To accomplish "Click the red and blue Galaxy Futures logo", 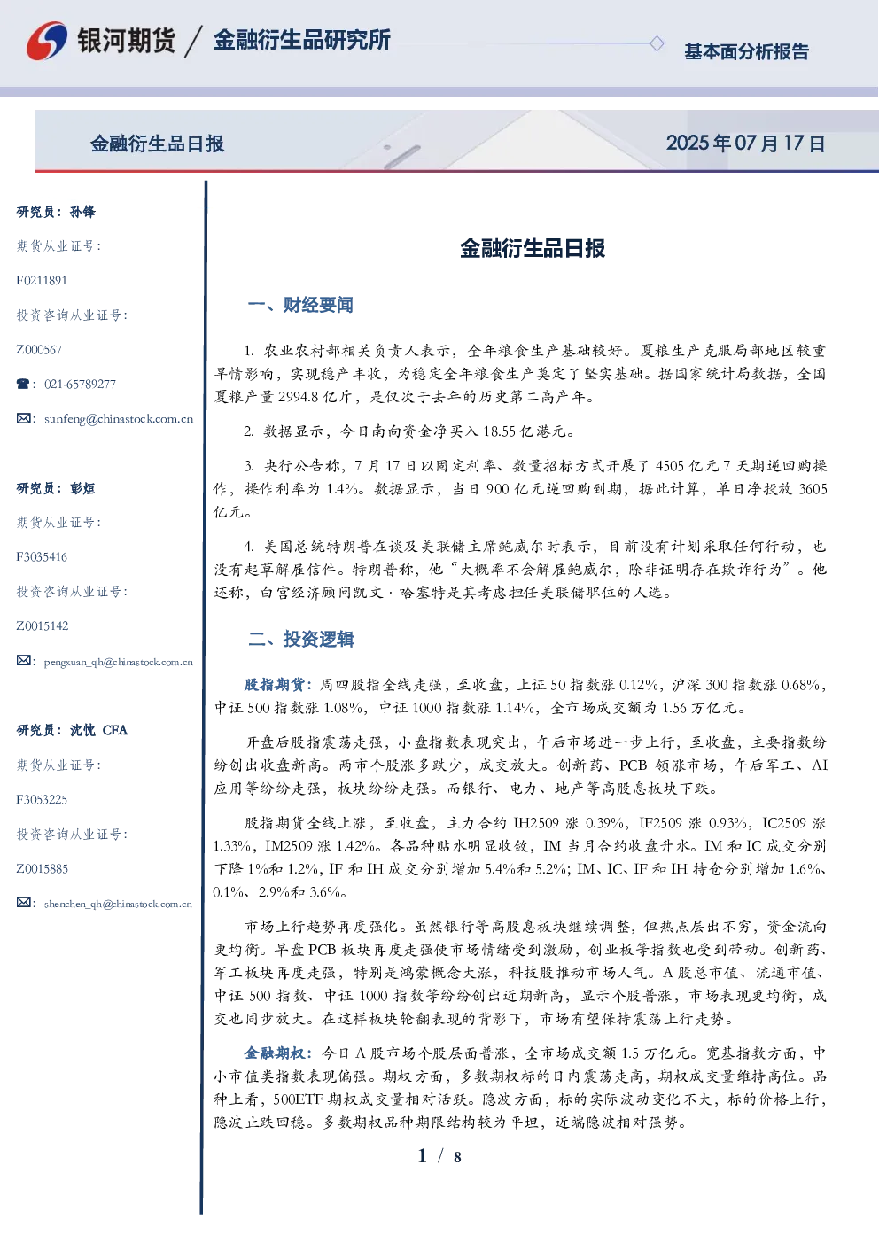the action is tap(47, 41).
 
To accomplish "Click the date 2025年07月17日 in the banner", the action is tap(745, 144).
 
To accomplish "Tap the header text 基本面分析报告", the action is tap(746, 51).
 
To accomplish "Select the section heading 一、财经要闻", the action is tap(300, 305).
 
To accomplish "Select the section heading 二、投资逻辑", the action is tap(300, 640).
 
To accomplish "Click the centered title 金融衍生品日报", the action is tap(533, 248).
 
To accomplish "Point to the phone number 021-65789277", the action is tap(81, 384).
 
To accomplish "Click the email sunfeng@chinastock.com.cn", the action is tap(119, 419).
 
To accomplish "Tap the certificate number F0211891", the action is tap(42, 280).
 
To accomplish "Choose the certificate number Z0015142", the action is tap(43, 626).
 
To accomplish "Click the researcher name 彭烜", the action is tap(82, 488).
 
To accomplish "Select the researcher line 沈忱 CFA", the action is tap(98, 730).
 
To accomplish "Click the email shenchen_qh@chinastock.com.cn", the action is tap(118, 904).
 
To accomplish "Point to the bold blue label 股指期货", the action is tap(275, 685).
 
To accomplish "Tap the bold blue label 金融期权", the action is tap(275, 1053).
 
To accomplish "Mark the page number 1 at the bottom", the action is tap(423, 1156).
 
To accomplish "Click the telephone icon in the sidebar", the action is tap(23, 384).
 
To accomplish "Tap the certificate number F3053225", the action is tap(42, 800).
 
